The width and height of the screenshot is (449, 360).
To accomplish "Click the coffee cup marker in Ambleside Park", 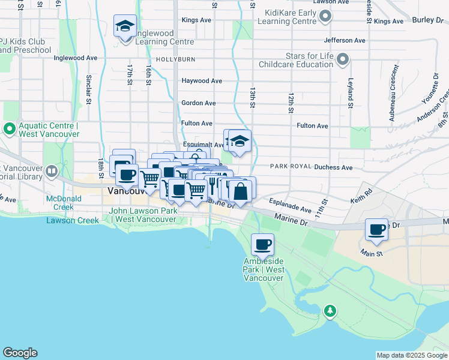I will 262,245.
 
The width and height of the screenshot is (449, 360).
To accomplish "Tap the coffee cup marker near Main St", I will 377,229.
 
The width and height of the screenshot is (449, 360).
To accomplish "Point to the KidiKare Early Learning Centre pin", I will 325,16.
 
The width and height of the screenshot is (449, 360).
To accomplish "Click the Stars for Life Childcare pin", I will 343,59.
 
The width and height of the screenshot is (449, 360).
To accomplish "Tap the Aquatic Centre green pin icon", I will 10,129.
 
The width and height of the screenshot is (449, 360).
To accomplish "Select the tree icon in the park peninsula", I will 329,311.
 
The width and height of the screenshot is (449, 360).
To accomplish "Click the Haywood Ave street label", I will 202,81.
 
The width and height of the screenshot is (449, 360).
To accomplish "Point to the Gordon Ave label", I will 199,103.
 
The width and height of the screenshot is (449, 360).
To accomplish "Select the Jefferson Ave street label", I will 345,41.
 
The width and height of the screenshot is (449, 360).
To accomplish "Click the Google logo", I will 20,353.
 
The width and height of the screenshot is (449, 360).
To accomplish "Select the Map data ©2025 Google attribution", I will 412,356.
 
